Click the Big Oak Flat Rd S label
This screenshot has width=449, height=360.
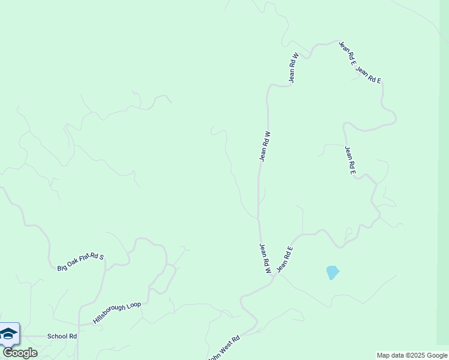click(80, 262)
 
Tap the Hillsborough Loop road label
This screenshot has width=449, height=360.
click(116, 313)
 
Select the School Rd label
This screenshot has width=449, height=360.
click(62, 337)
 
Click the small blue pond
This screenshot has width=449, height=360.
click(332, 272)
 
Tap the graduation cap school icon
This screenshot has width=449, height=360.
click(8, 334)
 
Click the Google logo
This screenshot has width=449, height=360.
click(20, 353)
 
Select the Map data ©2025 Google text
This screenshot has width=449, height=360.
click(412, 355)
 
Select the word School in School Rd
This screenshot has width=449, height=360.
click(56, 337)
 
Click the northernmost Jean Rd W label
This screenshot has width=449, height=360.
click(293, 68)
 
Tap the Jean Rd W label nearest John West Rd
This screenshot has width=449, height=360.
click(265, 259)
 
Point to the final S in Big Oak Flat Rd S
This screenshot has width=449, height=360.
click(101, 256)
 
